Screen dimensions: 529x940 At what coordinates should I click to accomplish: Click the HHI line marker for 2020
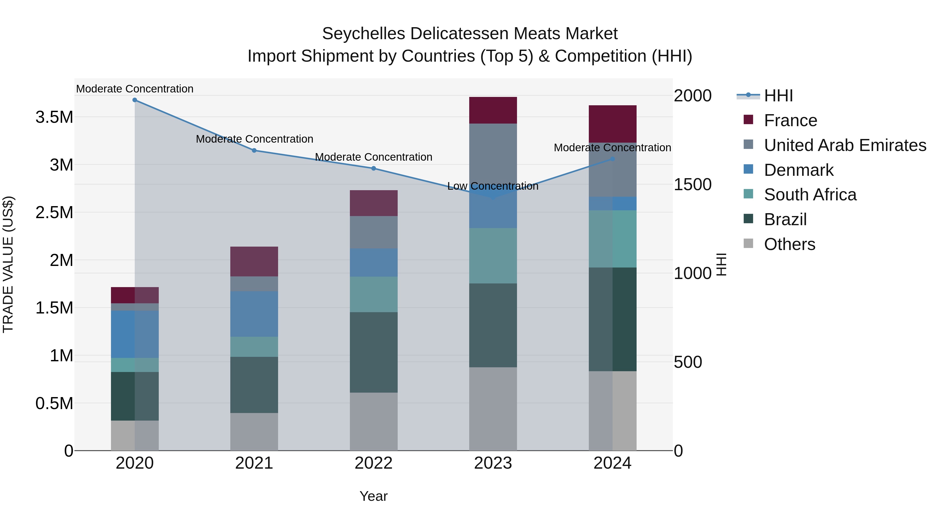(x=135, y=100)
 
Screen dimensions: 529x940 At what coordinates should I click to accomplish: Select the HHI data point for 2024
(x=613, y=159)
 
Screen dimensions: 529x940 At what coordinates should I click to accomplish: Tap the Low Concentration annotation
(x=493, y=186)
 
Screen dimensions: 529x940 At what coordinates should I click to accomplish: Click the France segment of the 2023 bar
(x=493, y=110)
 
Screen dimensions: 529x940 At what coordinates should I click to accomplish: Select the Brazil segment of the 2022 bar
(x=374, y=352)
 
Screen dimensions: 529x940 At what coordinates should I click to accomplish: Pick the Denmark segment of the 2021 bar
(x=254, y=314)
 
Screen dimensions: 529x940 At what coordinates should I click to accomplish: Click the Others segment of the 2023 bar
(x=493, y=409)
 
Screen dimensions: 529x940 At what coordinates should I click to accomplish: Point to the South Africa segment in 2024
(x=613, y=239)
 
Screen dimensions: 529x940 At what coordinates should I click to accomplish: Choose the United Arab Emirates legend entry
(x=845, y=145)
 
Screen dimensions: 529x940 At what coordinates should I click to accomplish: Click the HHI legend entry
(x=778, y=96)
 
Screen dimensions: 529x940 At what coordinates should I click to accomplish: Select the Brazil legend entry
(x=785, y=219)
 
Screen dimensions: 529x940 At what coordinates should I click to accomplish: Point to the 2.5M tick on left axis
(x=54, y=212)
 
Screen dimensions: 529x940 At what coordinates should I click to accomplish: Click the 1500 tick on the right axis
(x=692, y=184)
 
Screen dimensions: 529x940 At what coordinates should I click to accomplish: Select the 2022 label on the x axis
(x=374, y=463)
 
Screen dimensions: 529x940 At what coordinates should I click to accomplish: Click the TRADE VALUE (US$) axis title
(x=8, y=264)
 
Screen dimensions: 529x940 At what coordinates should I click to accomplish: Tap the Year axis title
(x=374, y=496)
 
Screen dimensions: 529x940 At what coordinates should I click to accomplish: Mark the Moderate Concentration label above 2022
(x=374, y=157)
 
